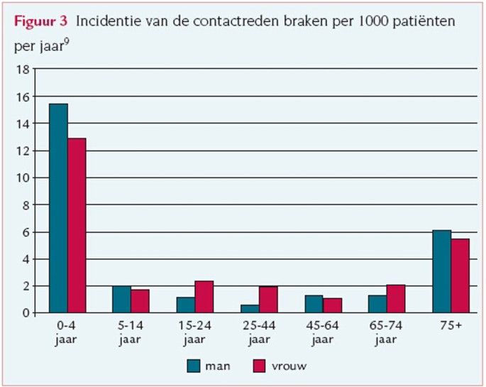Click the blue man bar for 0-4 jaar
58,208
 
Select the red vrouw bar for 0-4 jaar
77,225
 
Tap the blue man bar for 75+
441,271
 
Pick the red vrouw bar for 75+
460,276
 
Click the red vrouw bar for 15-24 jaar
204,297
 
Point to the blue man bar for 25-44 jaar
250,308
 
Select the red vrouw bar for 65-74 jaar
396,298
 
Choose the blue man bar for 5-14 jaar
121,299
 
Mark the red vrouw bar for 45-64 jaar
331,305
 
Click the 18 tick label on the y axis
21,70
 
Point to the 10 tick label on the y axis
21,178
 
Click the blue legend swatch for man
194,366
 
